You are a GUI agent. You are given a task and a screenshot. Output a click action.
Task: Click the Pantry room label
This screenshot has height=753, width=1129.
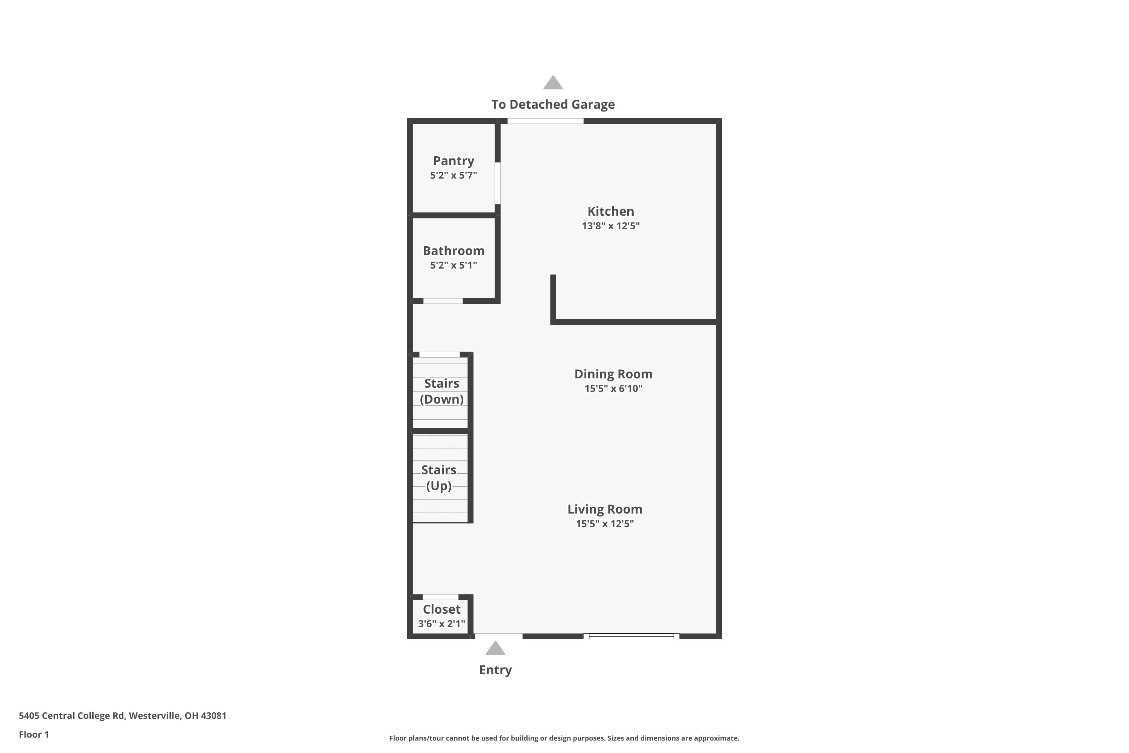pyautogui.click(x=453, y=161)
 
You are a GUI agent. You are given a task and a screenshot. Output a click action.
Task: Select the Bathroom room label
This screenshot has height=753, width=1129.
pyautogui.click(x=453, y=251)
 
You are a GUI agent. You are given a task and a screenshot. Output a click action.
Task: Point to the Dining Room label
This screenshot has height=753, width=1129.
pyautogui.click(x=613, y=374)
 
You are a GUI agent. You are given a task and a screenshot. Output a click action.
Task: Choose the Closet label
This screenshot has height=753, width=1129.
pyautogui.click(x=441, y=610)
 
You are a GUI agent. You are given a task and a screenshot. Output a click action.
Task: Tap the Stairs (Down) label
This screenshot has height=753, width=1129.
pyautogui.click(x=441, y=392)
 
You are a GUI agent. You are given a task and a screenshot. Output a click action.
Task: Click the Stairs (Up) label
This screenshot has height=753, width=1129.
pyautogui.click(x=439, y=478)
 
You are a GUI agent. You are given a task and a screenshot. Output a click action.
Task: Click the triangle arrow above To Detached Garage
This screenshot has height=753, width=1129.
pyautogui.click(x=553, y=83)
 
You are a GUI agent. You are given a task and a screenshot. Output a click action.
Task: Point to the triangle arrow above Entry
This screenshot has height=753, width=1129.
pyautogui.click(x=495, y=649)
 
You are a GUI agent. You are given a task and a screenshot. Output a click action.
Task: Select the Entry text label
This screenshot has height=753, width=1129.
pyautogui.click(x=495, y=670)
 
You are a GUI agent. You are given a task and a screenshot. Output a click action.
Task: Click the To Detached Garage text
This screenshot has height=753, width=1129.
pyautogui.click(x=553, y=104)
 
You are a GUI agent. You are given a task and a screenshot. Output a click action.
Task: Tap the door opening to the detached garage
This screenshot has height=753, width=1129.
pyautogui.click(x=546, y=121)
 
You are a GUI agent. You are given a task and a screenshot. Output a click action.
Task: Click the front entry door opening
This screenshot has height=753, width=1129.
pyautogui.click(x=499, y=636)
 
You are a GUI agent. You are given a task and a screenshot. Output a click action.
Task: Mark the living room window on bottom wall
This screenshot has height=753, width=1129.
pyautogui.click(x=631, y=636)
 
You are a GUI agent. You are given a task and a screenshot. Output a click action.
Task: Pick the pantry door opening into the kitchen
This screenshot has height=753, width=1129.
pyautogui.click(x=498, y=183)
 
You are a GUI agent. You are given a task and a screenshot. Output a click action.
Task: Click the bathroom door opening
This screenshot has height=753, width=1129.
pyautogui.click(x=443, y=301)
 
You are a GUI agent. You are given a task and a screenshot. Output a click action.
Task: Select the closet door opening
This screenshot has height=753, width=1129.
pyautogui.click(x=440, y=597)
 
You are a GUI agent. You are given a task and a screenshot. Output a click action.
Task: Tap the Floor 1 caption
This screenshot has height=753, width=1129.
pyautogui.click(x=33, y=734)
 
